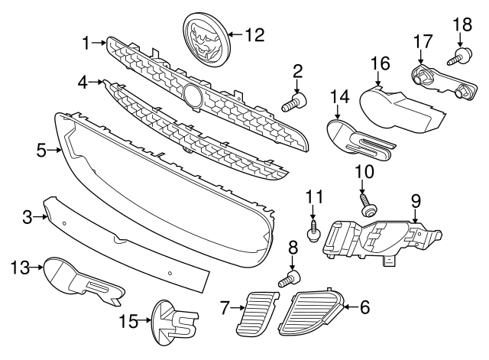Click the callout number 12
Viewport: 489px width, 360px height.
coord(254,34)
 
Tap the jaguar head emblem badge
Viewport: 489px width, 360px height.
coord(206,40)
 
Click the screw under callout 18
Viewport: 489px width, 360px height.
coord(460,57)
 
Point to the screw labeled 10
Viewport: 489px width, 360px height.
coord(369,206)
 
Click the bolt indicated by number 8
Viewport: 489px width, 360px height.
coord(290,279)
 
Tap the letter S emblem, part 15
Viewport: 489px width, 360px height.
coord(175,322)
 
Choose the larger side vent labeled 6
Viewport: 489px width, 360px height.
coord(311,313)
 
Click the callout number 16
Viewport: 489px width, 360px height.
coord(381,63)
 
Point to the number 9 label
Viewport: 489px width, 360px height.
coord(416,201)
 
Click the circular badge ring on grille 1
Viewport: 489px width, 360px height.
coord(193,95)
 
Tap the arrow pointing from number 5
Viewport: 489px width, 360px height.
coord(55,151)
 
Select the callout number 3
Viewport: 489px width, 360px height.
coord(28,217)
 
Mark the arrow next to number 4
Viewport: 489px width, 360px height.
coord(95,82)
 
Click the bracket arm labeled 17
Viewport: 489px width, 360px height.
coord(444,82)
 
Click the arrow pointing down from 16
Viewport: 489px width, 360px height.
coord(378,78)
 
